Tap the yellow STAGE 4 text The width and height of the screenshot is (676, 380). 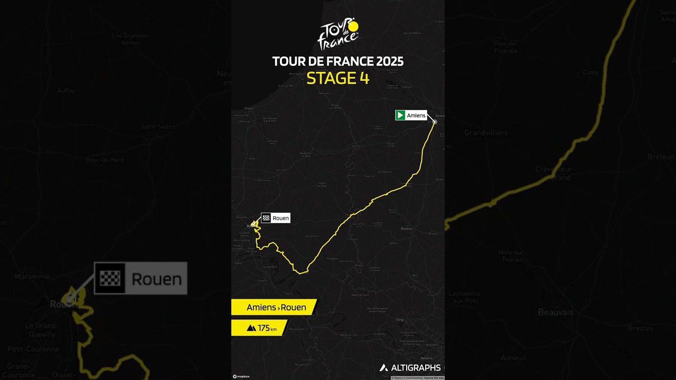(338, 78)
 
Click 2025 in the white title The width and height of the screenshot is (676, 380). (390, 61)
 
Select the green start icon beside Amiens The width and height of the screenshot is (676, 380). (400, 115)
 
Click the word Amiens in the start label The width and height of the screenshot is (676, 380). (416, 115)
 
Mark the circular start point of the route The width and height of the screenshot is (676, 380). (435, 122)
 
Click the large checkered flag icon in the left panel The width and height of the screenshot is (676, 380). (110, 278)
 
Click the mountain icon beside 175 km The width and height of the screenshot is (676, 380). (251, 328)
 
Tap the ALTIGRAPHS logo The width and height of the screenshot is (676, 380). (410, 368)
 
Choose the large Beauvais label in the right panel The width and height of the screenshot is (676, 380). (556, 312)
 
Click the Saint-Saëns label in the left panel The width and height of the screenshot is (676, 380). (158, 127)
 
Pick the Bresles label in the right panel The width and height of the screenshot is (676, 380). (640, 328)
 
